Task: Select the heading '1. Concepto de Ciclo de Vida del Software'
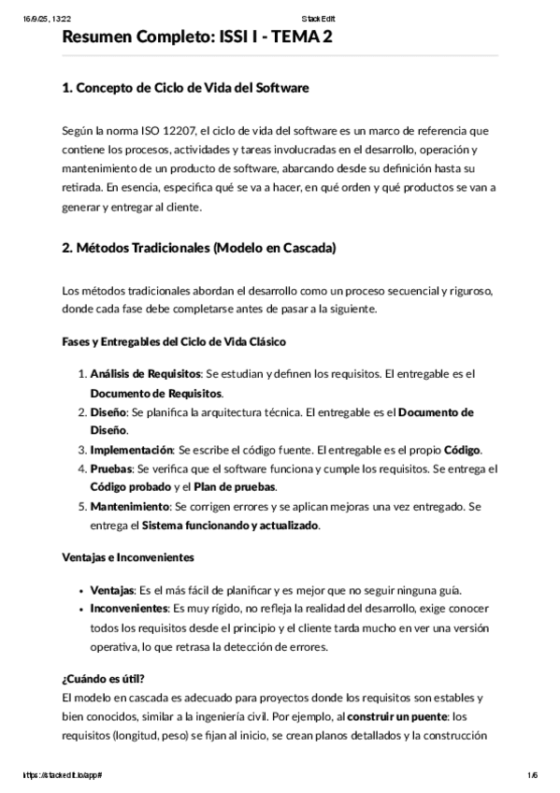pos(184,88)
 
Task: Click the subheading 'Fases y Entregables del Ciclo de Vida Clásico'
pos(173,341)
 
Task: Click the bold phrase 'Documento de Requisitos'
pos(156,393)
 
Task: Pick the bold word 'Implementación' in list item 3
pos(132,450)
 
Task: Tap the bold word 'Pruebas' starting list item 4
pos(111,469)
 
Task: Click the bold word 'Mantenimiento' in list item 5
pos(130,507)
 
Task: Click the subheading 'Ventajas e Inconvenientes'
pos(127,557)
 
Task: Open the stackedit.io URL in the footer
pos(59,775)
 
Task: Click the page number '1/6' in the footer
pos(532,775)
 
